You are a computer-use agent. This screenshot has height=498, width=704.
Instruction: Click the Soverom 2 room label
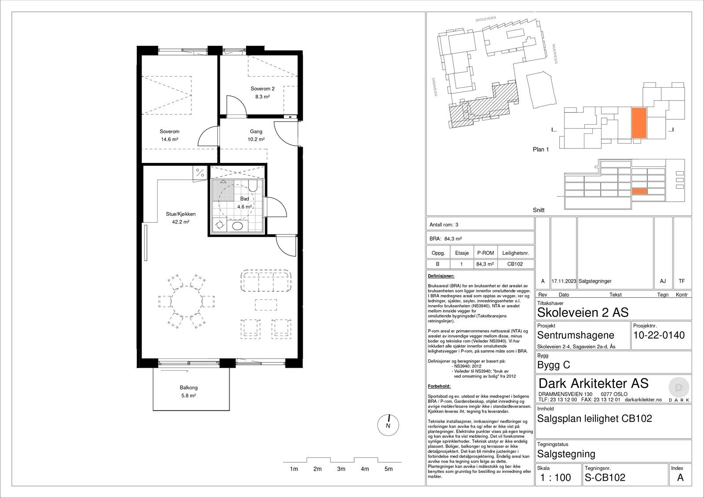pos(262,89)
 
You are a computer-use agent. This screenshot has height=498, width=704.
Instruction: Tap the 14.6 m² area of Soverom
pos(170,140)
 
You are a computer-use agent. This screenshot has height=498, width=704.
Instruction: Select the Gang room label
pos(256,132)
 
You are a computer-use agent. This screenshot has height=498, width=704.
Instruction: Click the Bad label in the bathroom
pos(245,199)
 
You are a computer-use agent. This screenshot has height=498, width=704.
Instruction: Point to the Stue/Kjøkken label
pos(181,214)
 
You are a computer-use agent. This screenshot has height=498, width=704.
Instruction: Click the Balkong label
pos(189,387)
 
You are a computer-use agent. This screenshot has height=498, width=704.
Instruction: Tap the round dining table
pos(187,301)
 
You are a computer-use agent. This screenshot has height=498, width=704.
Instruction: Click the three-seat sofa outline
pos(266,280)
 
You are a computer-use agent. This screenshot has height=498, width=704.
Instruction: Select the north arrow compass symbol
pos(388,425)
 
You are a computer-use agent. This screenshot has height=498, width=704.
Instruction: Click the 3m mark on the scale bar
pos(341,469)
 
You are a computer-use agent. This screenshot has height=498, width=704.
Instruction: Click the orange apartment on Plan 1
pos(639,123)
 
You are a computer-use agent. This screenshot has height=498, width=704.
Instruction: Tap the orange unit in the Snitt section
pos(640,191)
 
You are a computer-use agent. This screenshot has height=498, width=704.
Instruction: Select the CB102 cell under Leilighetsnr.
pos(515,264)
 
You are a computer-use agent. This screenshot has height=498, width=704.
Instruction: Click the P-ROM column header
pos(486,253)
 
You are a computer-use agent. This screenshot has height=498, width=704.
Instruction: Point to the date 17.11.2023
pos(564,281)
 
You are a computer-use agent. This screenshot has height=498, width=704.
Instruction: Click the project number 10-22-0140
pos(659,336)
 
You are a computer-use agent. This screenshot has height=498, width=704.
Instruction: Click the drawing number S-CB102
pos(605,478)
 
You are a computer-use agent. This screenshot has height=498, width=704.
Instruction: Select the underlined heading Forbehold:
pos(440,386)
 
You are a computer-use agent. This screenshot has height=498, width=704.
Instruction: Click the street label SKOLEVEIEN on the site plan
pos(486,19)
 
